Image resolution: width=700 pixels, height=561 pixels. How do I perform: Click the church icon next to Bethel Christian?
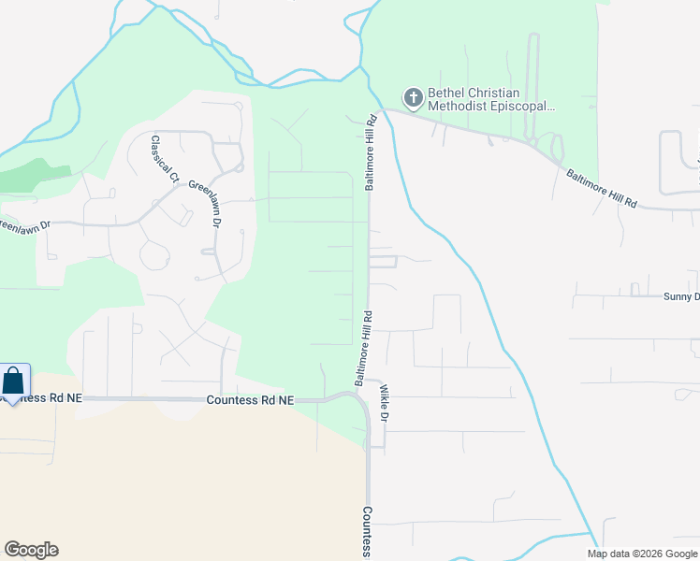413,96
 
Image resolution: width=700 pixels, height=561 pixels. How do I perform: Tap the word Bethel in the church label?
446,93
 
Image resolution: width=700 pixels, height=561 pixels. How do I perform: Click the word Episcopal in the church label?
525,107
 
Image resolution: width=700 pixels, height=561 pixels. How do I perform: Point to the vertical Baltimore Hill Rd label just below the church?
371,152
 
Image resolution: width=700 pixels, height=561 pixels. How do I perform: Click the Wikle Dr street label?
383,404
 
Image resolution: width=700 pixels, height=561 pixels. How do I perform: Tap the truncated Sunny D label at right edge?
680,296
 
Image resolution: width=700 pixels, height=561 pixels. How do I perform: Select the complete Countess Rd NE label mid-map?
249,399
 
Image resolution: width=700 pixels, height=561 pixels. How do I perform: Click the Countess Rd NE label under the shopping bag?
41,398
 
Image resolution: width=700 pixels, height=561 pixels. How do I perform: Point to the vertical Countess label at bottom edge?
368,533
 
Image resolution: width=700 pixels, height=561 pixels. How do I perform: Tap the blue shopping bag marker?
14,381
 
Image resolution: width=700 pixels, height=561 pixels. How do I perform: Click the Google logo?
31,550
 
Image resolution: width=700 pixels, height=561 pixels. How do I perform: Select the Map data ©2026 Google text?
642,554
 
